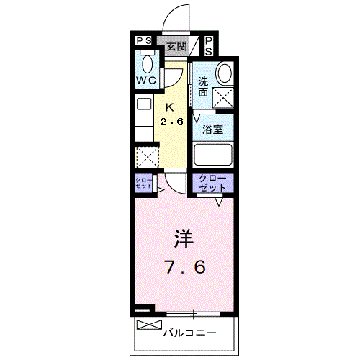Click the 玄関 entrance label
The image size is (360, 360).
pos(176,48)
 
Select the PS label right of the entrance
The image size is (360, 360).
pos(208,48)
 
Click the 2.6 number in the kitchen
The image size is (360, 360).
pos(173,121)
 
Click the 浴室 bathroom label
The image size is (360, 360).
pos(212,131)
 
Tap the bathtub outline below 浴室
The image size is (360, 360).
pos(212,155)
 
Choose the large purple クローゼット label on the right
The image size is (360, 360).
pos(212,183)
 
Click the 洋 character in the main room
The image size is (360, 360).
pos(182,238)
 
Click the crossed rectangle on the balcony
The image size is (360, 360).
pos(146,325)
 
